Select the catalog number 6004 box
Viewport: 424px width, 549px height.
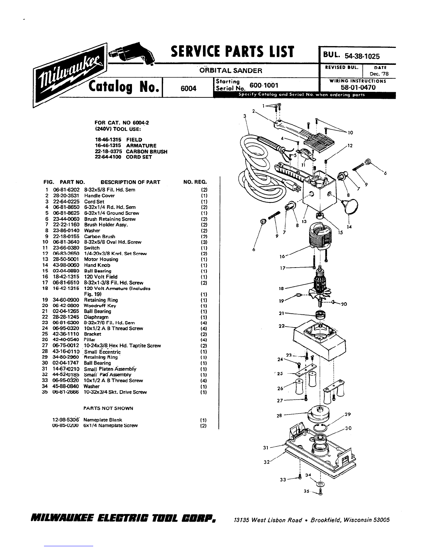[188, 88]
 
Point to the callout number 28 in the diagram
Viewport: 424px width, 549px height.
[279, 415]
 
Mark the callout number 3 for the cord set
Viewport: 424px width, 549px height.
[245, 116]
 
